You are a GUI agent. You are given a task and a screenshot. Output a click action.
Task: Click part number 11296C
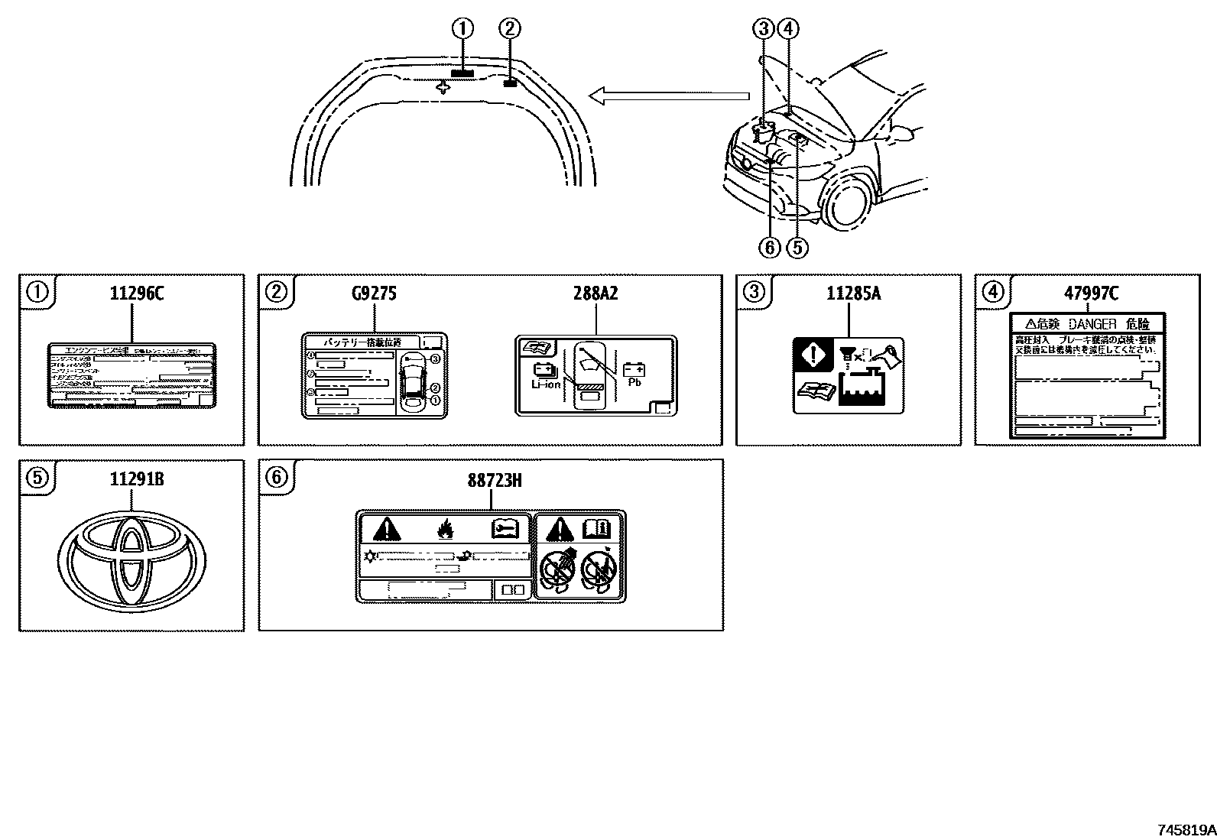pyautogui.click(x=137, y=294)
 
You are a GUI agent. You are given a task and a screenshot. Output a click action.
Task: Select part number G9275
pyautogui.click(x=374, y=294)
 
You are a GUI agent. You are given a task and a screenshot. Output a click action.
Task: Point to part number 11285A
pyautogui.click(x=852, y=294)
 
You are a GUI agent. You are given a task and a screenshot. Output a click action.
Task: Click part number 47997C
pyautogui.click(x=1091, y=294)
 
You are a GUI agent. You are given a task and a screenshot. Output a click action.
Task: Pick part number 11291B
pyautogui.click(x=137, y=480)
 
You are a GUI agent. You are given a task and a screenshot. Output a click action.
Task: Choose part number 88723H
pyautogui.click(x=494, y=480)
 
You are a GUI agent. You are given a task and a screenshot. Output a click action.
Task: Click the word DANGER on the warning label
pyautogui.click(x=1092, y=324)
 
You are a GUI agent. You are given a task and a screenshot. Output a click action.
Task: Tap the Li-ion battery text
pyautogui.click(x=546, y=384)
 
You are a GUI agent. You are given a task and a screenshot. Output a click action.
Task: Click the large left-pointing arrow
pyautogui.click(x=669, y=96)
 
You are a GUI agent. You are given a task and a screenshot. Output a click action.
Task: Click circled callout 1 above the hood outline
pyautogui.click(x=462, y=29)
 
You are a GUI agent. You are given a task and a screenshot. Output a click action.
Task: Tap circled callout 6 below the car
pyautogui.click(x=770, y=247)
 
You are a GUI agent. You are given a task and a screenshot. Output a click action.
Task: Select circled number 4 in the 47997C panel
pyautogui.click(x=991, y=291)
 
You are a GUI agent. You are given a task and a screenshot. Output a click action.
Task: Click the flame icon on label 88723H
pyautogui.click(x=445, y=527)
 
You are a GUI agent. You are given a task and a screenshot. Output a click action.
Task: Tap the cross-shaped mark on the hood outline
pyautogui.click(x=443, y=88)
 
